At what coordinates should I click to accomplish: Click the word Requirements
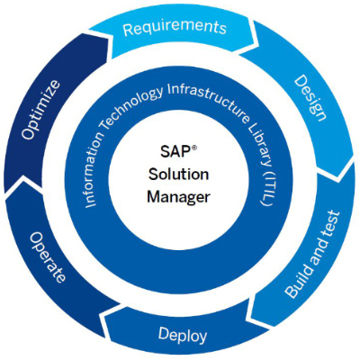coord(175,28)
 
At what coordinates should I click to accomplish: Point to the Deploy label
coord(183,335)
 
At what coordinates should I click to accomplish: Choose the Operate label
coord(47,257)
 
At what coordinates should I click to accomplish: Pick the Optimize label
coord(40,110)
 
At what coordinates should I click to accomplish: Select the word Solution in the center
coord(179,175)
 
